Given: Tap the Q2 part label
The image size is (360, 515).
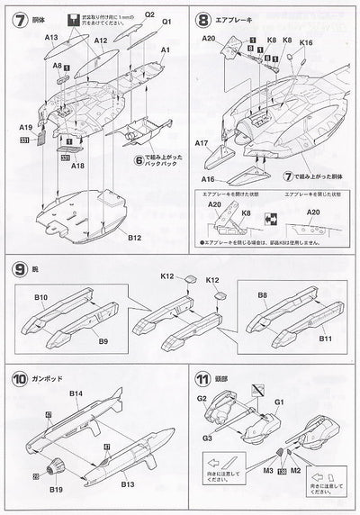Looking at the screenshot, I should (x=149, y=15).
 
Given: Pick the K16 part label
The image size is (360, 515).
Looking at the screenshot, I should (x=305, y=42).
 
